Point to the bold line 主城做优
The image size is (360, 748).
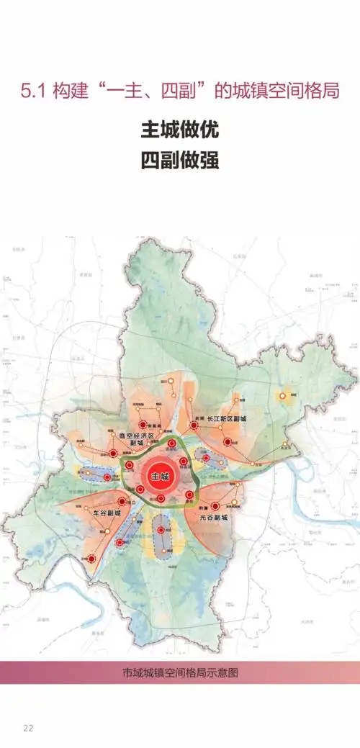click(x=179, y=131)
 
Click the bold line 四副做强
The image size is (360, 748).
click(x=179, y=159)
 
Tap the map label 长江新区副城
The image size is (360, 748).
click(x=227, y=418)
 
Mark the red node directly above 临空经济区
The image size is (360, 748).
click(x=143, y=425)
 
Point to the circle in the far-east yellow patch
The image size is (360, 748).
click(x=284, y=395)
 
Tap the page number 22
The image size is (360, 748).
click(x=28, y=728)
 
